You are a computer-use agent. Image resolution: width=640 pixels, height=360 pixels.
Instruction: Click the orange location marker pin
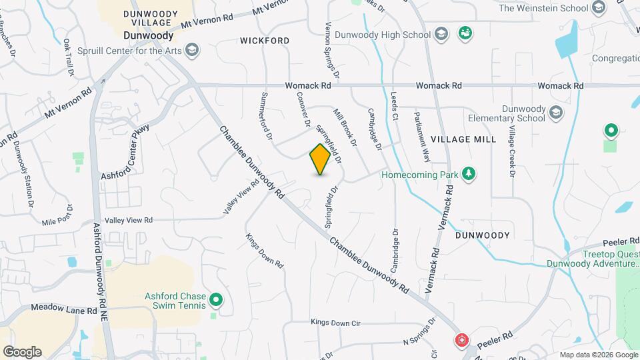coord(320,159)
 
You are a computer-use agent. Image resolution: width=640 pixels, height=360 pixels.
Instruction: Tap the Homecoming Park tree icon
coord(469,174)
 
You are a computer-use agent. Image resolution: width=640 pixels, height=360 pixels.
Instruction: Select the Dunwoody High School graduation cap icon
coord(440,33)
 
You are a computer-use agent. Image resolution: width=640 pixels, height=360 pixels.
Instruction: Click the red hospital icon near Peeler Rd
coord(461,341)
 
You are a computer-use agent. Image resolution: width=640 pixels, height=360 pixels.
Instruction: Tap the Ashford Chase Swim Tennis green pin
coord(215,300)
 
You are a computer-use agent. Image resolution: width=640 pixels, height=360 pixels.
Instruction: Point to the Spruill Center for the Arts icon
coord(192,49)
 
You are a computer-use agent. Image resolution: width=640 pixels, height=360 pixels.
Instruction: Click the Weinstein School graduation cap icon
coord(598,8)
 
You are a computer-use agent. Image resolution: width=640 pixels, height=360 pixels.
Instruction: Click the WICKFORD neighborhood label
coord(265,41)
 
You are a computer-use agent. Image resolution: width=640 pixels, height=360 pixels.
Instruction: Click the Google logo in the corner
coord(21,352)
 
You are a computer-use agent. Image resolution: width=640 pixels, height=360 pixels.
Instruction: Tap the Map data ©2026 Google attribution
coord(597,355)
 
